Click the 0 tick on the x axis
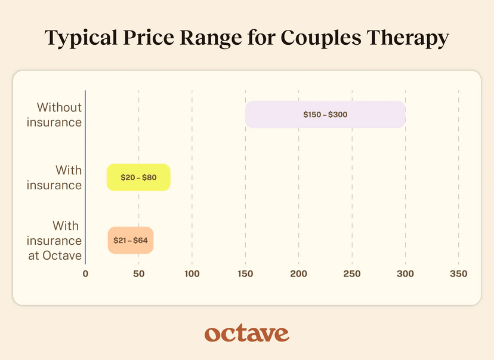tap(85, 274)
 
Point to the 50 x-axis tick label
tap(138, 274)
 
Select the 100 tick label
tap(192, 274)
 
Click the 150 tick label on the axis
tap(245, 274)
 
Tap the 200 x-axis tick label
tap(298, 274)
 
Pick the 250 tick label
tap(352, 274)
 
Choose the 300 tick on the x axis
tap(405, 274)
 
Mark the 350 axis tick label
tap(458, 274)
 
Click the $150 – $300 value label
tap(325, 114)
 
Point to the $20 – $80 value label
tap(138, 177)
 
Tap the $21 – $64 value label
tap(131, 241)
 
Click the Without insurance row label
tap(57, 115)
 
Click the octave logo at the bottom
tap(246, 333)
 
